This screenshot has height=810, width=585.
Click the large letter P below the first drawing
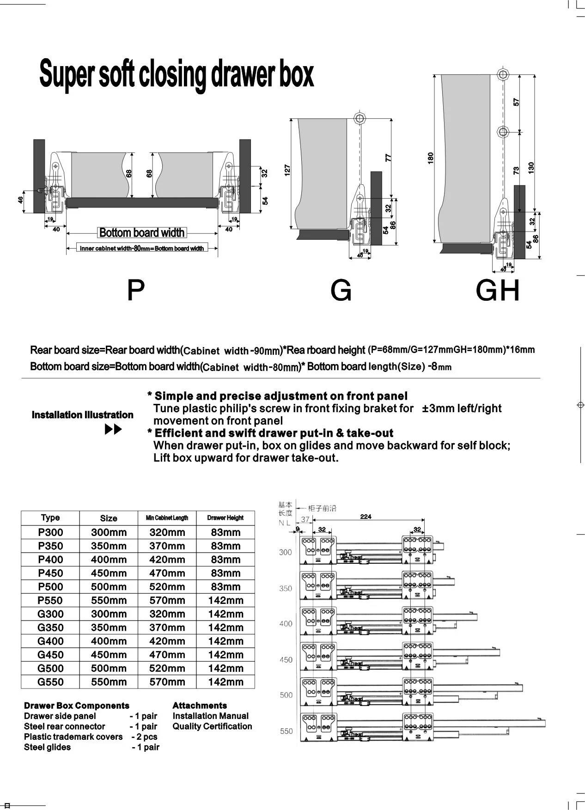(135, 291)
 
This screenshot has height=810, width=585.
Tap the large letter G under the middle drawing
(341, 291)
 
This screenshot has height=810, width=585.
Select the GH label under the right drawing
(498, 291)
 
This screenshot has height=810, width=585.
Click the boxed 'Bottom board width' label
(142, 233)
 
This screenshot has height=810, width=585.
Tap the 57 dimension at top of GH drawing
(517, 102)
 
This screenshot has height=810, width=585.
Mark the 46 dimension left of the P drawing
(20, 200)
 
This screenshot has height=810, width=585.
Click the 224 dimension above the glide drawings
(366, 517)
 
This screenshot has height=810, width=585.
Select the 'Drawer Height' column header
(225, 518)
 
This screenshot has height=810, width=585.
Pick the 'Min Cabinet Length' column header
(167, 518)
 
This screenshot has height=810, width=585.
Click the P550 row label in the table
(50, 600)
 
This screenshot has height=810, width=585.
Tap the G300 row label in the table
(50, 614)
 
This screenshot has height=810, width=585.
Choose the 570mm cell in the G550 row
(167, 682)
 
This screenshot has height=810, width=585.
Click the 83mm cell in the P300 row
(225, 532)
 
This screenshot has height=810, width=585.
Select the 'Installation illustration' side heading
(82, 415)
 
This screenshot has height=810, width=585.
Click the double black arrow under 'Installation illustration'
(114, 430)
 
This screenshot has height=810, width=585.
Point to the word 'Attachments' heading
(200, 706)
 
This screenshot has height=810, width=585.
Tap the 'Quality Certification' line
(212, 726)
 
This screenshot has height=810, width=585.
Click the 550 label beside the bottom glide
(286, 731)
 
